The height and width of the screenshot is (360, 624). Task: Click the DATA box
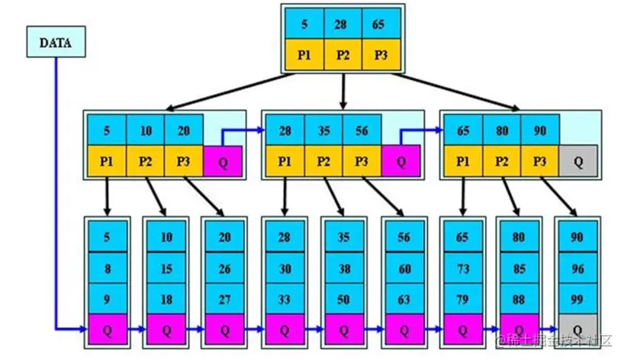[x=55, y=43]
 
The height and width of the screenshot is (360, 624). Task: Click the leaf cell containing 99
[x=577, y=298]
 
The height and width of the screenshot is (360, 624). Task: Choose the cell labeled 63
[x=404, y=298]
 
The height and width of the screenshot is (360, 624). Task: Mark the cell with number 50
[x=344, y=298]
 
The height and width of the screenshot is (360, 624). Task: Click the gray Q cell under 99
[x=577, y=329]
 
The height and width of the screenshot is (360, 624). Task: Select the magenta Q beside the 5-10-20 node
[x=223, y=162]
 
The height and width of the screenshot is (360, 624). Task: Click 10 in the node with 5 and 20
[x=146, y=130]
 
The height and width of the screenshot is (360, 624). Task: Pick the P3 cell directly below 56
[x=362, y=162]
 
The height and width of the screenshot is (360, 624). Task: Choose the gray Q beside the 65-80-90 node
[x=578, y=162]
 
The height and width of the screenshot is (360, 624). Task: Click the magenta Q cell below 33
[x=285, y=329]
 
